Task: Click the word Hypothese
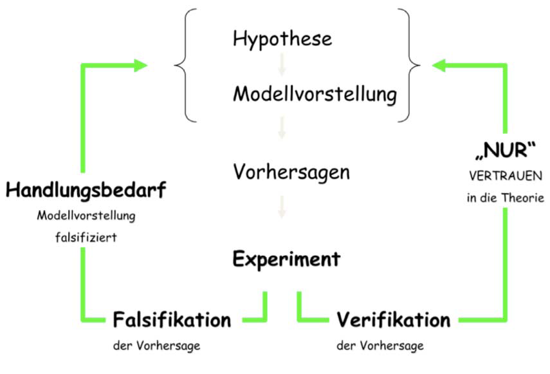point(282,39)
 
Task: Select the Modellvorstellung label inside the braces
point(315,95)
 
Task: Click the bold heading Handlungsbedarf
point(86,191)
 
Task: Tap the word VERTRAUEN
point(505,176)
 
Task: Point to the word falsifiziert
point(86,238)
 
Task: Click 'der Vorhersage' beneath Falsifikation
point(156,346)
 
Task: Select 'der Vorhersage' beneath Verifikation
point(380,346)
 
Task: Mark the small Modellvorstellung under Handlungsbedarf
point(86,216)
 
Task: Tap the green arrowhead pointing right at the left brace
point(140,64)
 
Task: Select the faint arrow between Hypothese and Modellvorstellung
point(281,66)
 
